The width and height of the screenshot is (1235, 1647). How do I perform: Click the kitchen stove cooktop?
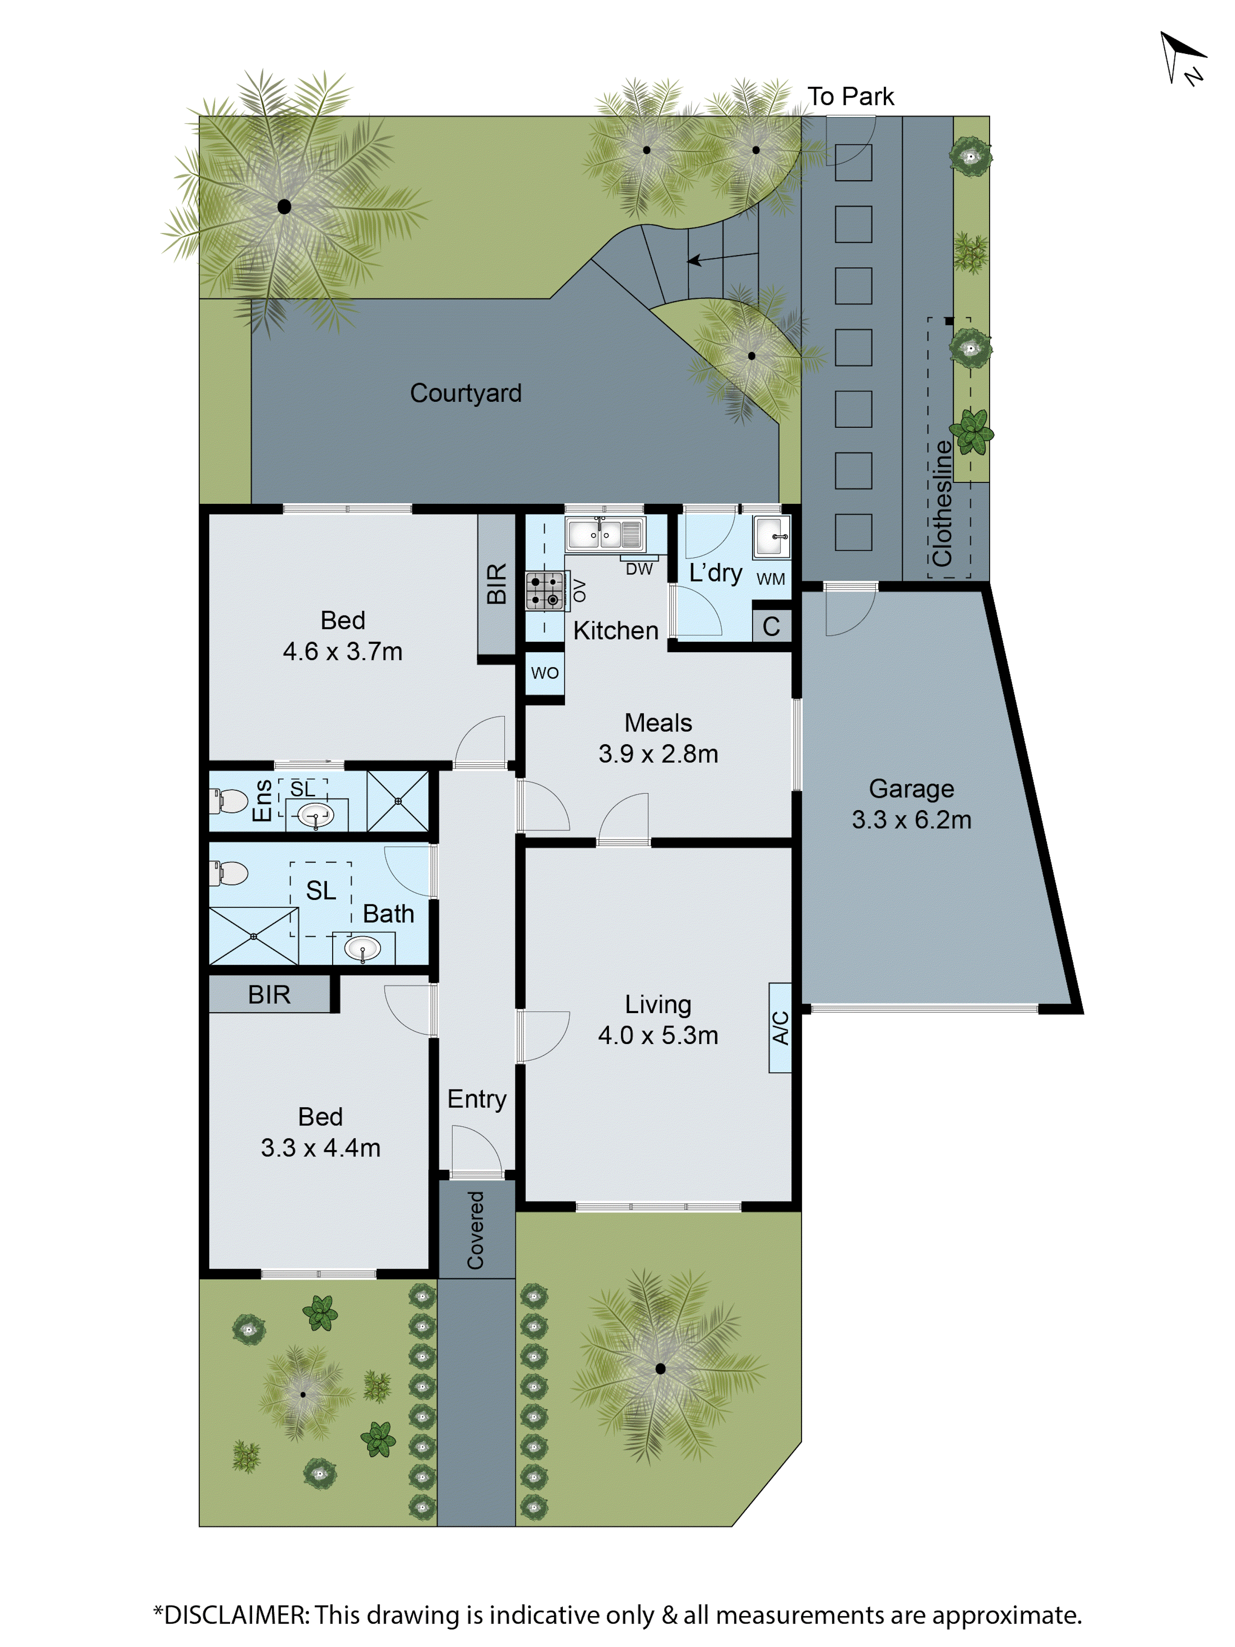(x=544, y=590)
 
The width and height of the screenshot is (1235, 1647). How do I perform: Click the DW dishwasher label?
(x=639, y=569)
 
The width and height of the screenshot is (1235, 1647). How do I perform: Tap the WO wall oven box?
(x=544, y=673)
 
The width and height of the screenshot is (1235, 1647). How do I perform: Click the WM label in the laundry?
(x=771, y=578)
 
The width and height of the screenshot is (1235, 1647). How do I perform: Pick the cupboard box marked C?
(x=771, y=626)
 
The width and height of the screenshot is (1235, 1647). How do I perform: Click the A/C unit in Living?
(x=779, y=1027)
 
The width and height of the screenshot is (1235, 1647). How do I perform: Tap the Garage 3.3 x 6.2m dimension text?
(x=911, y=820)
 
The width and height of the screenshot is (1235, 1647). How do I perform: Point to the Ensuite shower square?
(x=398, y=801)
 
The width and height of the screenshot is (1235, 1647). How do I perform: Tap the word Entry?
(x=476, y=1099)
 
